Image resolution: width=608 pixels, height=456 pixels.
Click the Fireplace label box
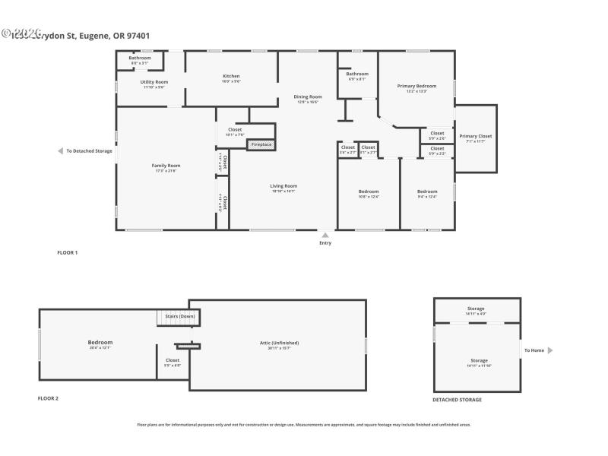coord(261,144)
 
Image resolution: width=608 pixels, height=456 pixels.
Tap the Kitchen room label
coord(231,76)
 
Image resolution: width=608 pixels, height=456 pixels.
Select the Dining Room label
coord(308,97)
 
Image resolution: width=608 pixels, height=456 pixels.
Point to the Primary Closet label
coord(475,136)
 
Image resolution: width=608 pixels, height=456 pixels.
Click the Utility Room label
coord(154,82)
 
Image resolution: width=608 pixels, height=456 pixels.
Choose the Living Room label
coord(283,185)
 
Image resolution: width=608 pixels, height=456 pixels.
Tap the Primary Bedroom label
coord(416,86)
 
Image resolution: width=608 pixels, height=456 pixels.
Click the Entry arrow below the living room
coord(325,236)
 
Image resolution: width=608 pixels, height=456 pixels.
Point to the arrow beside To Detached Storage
coord(60,151)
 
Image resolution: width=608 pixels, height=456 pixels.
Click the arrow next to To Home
coord(550,350)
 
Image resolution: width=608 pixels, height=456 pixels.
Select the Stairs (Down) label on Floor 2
coord(176,316)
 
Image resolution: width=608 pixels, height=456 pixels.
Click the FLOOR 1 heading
coord(68,252)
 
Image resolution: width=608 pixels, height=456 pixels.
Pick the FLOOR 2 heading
coord(48,398)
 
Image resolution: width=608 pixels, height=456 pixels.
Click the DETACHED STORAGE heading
coord(457,400)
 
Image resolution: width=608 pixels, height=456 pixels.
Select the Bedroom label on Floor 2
coord(100,343)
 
